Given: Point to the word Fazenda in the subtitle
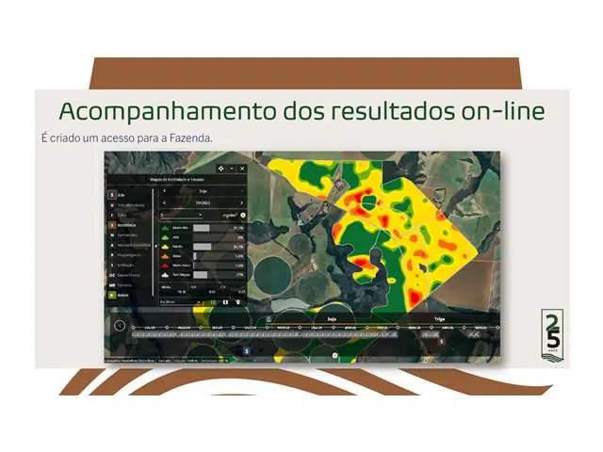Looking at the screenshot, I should pos(191,137).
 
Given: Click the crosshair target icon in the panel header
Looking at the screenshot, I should pos(220,168).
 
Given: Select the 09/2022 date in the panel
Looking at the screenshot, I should pos(203,202).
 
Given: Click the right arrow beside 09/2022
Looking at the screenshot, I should pos(242,202).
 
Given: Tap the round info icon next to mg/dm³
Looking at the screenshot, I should pos(243,215).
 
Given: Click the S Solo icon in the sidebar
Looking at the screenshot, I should pos(112,194).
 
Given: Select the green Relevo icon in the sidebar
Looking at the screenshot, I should pos(112,295).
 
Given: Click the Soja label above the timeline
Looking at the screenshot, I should pos(331,319).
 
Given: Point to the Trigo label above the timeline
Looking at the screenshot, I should pos(438,319).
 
